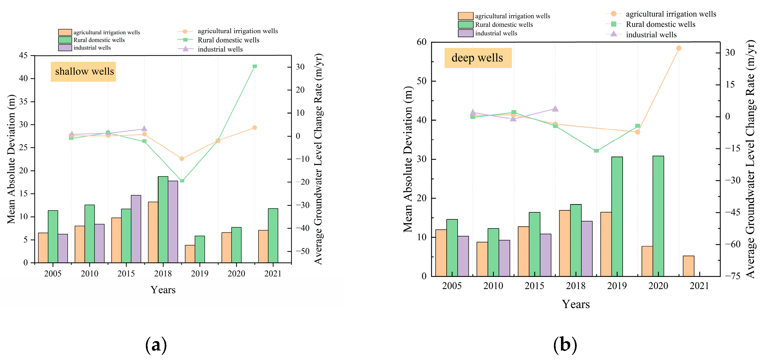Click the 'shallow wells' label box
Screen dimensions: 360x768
click(x=83, y=72)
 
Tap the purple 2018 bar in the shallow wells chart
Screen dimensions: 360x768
click(x=173, y=222)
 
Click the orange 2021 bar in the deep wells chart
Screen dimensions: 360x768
click(x=688, y=266)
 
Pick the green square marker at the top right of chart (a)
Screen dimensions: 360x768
click(x=255, y=66)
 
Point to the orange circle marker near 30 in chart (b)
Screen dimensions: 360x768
click(x=679, y=48)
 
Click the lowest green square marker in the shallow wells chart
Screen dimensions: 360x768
click(x=182, y=181)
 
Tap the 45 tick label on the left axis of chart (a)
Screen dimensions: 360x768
click(x=23, y=55)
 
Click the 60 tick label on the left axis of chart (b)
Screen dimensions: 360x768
click(x=422, y=42)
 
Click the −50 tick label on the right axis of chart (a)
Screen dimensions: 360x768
click(x=303, y=251)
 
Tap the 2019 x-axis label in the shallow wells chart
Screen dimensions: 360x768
click(x=200, y=274)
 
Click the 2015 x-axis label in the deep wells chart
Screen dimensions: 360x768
click(x=534, y=286)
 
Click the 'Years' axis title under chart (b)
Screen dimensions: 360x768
click(x=576, y=304)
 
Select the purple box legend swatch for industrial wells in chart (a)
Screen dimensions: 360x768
click(x=65, y=48)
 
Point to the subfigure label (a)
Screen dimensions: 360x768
click(x=156, y=345)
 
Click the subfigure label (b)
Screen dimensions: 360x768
click(x=565, y=345)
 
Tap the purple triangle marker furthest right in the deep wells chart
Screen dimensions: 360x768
click(x=555, y=109)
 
